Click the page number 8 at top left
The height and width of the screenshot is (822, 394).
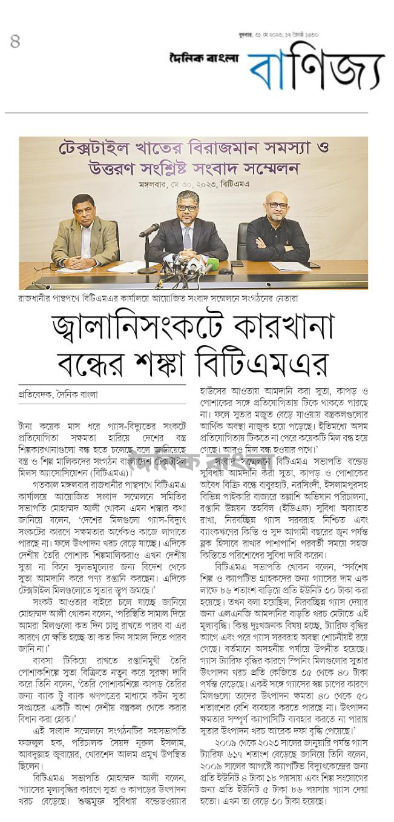[x=15, y=42]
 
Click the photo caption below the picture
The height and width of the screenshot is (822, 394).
[x=158, y=298]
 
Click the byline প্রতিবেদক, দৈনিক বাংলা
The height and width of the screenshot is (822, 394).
[x=58, y=394]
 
